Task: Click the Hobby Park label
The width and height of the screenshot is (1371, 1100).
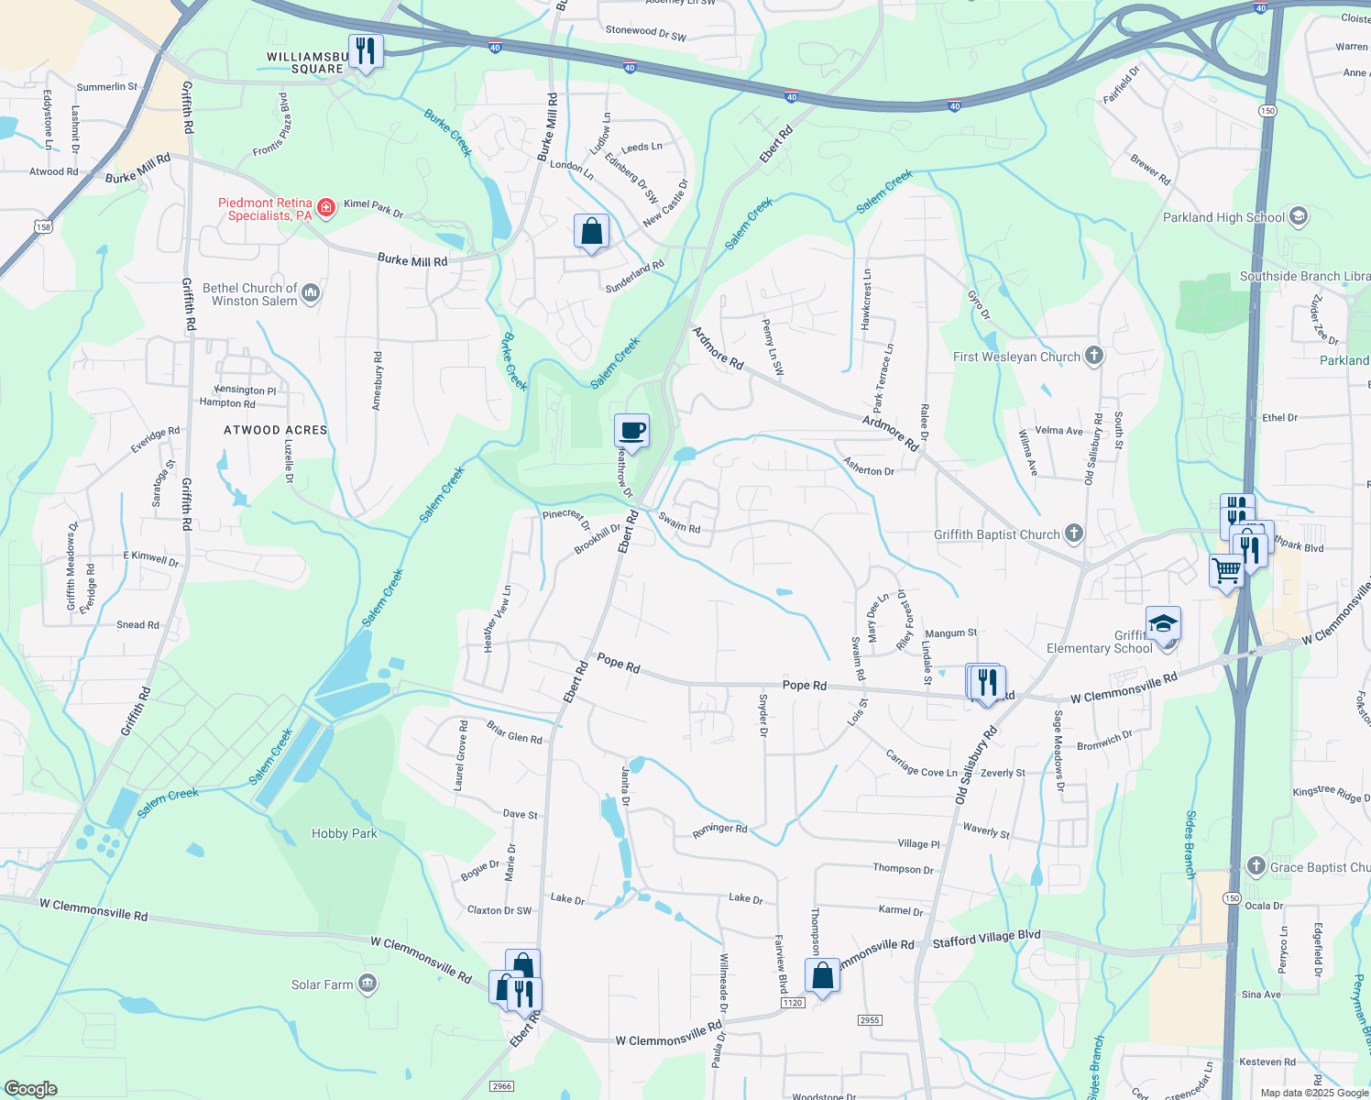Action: [x=344, y=833]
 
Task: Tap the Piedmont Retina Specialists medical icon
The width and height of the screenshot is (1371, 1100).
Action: [x=325, y=209]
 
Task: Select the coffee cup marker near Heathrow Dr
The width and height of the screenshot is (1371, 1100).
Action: [x=631, y=431]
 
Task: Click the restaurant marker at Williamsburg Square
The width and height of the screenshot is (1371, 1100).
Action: [x=366, y=50]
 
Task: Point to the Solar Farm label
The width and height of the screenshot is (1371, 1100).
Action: [x=322, y=984]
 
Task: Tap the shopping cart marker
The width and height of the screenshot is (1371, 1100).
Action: [x=1226, y=571]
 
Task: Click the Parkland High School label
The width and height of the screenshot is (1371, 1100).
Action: [x=1223, y=217]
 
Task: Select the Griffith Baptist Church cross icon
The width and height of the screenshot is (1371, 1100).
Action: [x=1073, y=533]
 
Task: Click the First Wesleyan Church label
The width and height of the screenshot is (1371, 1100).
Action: [x=1016, y=357]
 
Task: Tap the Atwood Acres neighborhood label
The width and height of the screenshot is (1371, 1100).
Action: [x=275, y=430]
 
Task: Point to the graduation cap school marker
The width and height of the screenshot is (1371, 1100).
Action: [x=1162, y=624]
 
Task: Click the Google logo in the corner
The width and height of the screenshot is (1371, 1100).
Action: [x=30, y=1088]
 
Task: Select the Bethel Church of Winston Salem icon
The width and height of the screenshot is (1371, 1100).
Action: [x=311, y=293]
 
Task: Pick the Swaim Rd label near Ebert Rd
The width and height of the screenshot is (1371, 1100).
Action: [x=679, y=522]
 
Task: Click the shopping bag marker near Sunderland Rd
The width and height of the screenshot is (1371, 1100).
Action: [x=591, y=231]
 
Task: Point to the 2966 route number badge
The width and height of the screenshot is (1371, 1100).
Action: [x=501, y=1086]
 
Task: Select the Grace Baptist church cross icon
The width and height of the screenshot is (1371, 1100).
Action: [x=1256, y=866]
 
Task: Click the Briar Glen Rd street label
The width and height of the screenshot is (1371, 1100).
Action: [x=514, y=732]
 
